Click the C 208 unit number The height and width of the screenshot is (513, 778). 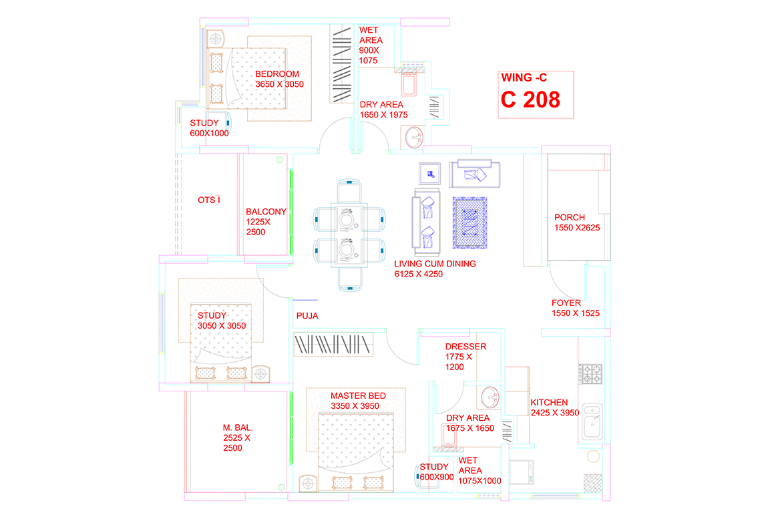[x=530, y=100]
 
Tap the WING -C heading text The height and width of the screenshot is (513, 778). [x=524, y=78]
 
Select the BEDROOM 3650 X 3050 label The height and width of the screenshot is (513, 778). [x=279, y=79]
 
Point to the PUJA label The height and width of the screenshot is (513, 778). [x=307, y=316]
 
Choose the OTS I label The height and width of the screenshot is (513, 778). [x=208, y=200]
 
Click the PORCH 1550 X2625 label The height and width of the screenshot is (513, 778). [x=577, y=222]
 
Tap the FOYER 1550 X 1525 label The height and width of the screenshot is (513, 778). [x=576, y=308]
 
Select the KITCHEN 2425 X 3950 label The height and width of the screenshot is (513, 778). [x=555, y=408]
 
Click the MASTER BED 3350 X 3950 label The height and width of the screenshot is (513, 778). [x=358, y=401]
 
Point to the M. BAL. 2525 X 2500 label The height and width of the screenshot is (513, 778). [x=238, y=438]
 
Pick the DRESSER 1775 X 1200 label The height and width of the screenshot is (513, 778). [x=465, y=357]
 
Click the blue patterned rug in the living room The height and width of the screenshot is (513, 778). [x=469, y=222]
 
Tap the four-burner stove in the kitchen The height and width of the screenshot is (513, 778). [x=592, y=374]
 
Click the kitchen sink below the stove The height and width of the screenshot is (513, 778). [x=592, y=421]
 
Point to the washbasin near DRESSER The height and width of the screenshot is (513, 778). [x=490, y=397]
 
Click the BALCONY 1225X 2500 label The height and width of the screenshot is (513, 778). [x=266, y=222]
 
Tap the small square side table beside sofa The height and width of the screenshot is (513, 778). [x=429, y=174]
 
